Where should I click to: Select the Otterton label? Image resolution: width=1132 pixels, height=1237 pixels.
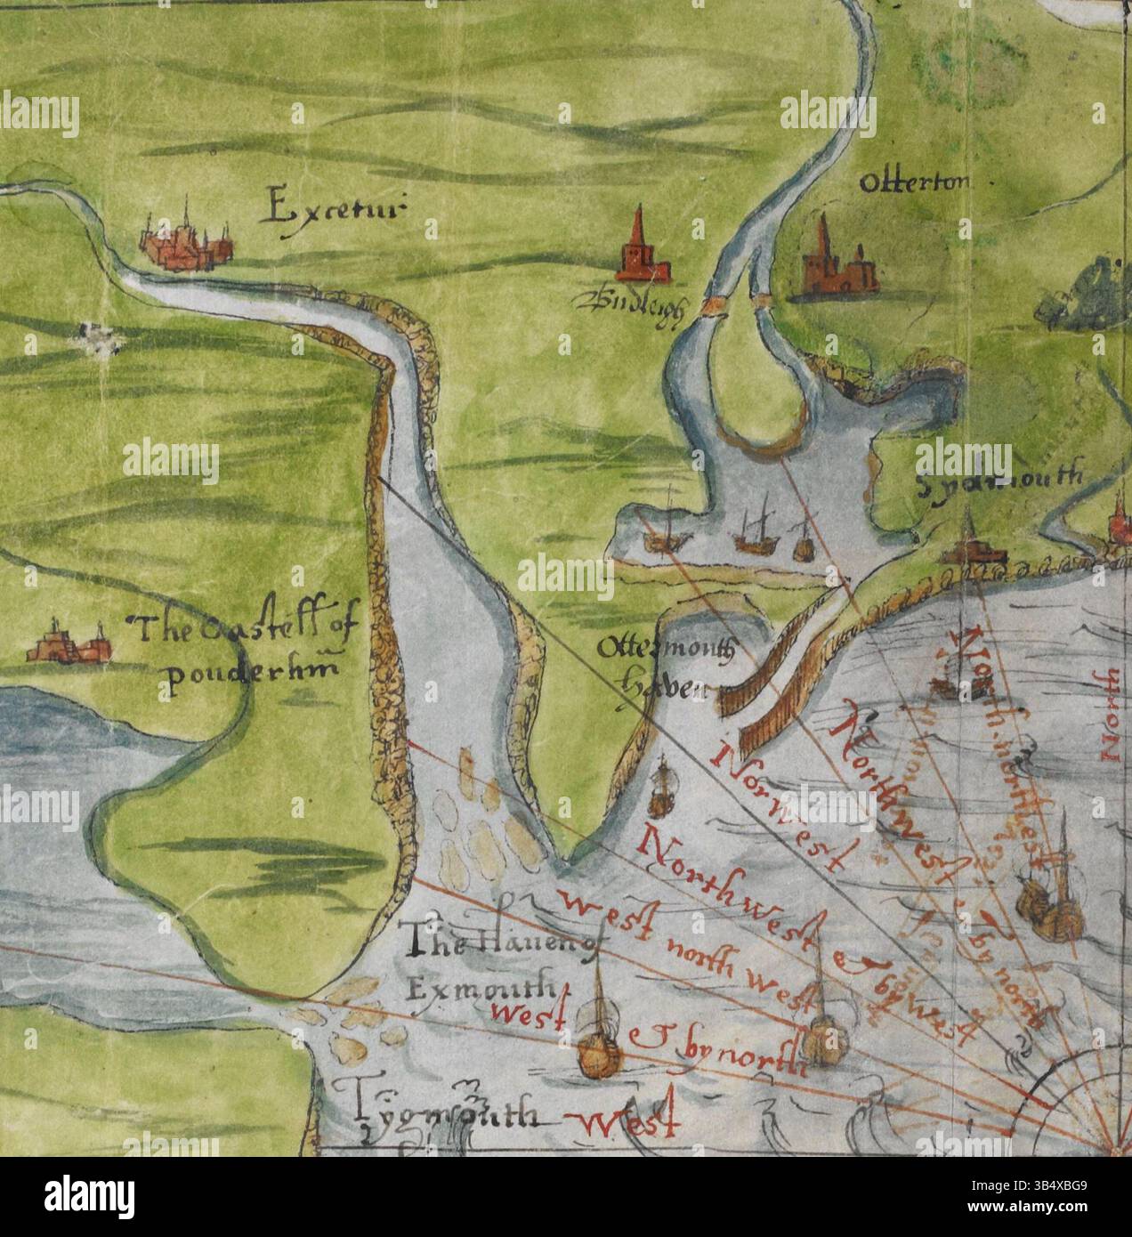913,183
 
